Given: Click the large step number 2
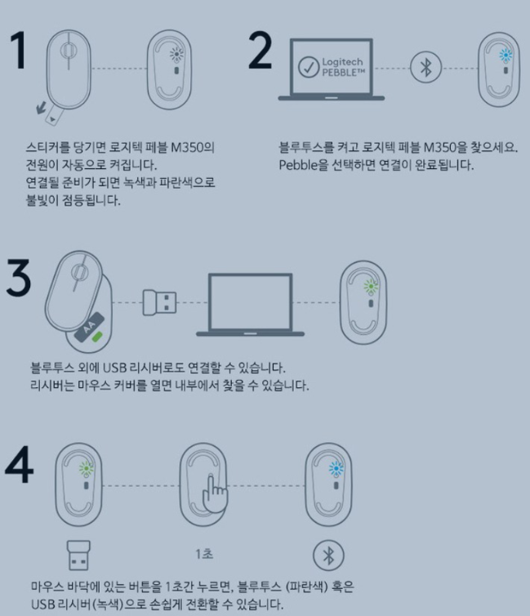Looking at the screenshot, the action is pos(261,51).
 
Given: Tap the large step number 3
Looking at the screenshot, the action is pos(19,277).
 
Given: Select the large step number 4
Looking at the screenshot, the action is pos(20,464).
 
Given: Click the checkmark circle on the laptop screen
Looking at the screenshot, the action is pos(309,67).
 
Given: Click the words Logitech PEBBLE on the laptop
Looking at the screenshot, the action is pos(343,67).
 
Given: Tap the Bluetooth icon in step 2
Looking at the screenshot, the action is pos(426,67).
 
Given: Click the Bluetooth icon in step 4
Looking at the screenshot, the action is pos(328,556).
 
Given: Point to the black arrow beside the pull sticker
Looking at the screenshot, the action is pos(41,108).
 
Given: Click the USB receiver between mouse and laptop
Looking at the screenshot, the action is pos(159,302).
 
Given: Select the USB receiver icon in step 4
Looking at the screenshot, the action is pos(78,555).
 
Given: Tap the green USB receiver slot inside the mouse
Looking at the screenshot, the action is pos(97,337).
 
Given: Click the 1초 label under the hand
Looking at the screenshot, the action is pos(204,554).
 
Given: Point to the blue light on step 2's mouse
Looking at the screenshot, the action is pos(506,55).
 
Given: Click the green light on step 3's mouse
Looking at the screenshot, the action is pos(371,287).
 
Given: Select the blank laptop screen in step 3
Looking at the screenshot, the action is pos(250,302).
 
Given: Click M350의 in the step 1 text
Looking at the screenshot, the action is pos(193,148).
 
